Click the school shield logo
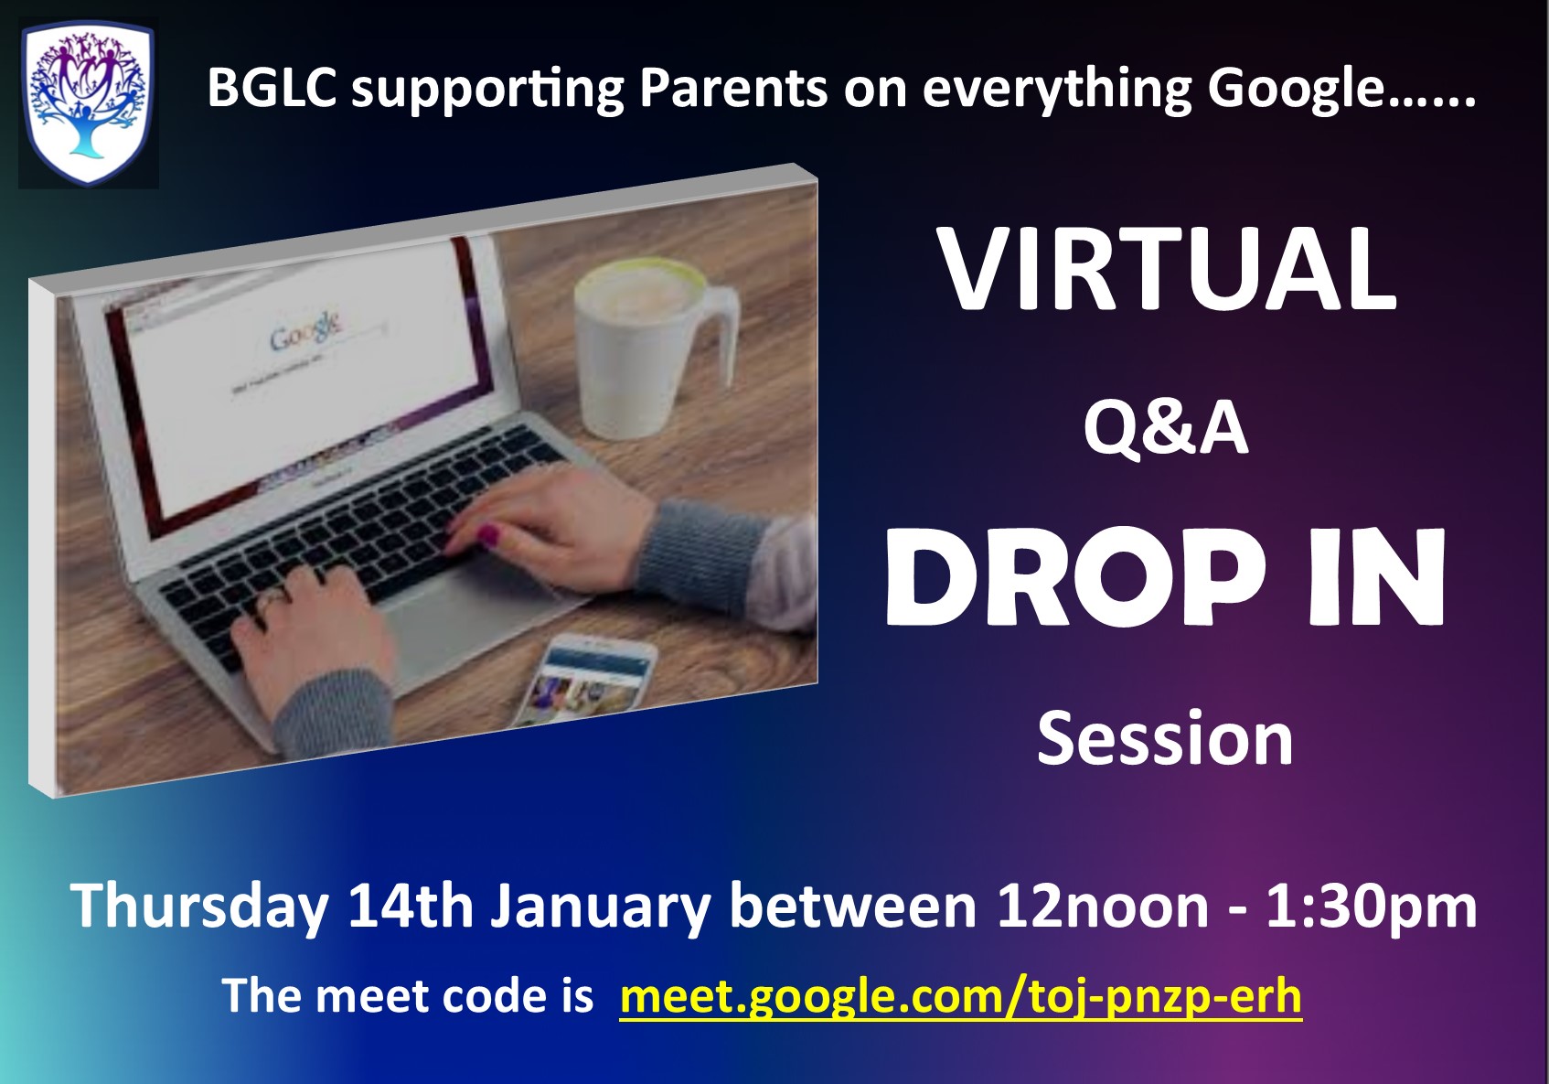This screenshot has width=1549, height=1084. click(x=89, y=103)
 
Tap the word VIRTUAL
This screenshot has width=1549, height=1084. click(x=1167, y=270)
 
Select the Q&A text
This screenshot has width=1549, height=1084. click(x=1166, y=430)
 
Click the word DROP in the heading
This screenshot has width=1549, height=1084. click(x=1076, y=578)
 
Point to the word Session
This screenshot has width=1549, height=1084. click(x=1165, y=739)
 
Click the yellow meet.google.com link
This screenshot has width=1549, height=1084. click(x=960, y=996)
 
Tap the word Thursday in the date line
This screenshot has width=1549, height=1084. click(x=199, y=907)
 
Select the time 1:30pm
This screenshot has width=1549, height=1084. click(x=1372, y=907)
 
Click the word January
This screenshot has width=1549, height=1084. click(x=600, y=907)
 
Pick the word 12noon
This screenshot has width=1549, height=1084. click(x=1103, y=907)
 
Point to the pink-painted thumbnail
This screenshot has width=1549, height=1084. click(x=488, y=534)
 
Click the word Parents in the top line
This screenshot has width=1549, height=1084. click(x=733, y=89)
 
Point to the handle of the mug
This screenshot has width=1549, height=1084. click(x=721, y=333)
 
